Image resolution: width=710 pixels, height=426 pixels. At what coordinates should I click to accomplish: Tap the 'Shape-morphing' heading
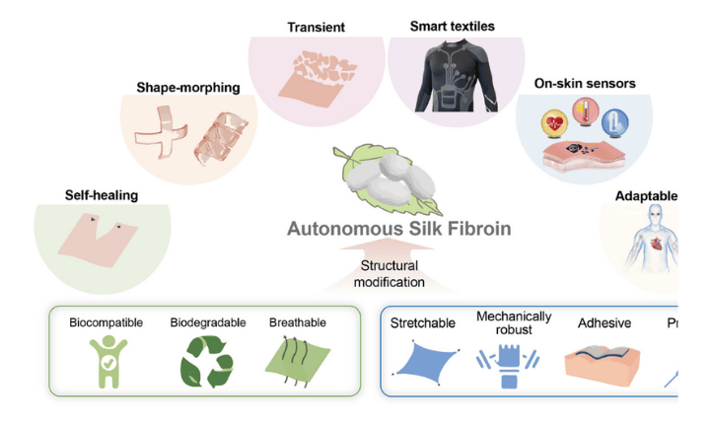(x=187, y=88)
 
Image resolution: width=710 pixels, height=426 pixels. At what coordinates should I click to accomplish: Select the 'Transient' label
(x=309, y=27)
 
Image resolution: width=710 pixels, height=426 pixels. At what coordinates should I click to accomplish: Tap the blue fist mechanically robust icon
(x=513, y=362)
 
